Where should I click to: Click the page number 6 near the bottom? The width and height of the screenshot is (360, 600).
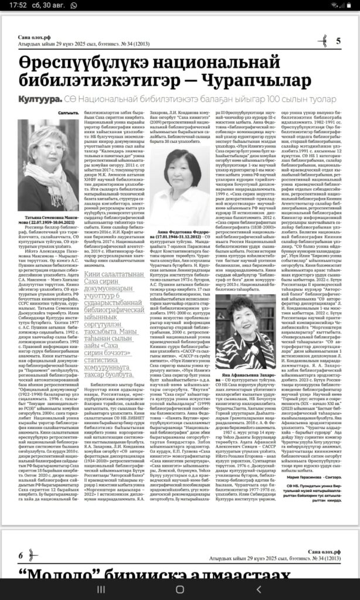[21, 554]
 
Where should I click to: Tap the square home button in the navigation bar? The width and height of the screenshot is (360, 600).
[180, 588]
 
